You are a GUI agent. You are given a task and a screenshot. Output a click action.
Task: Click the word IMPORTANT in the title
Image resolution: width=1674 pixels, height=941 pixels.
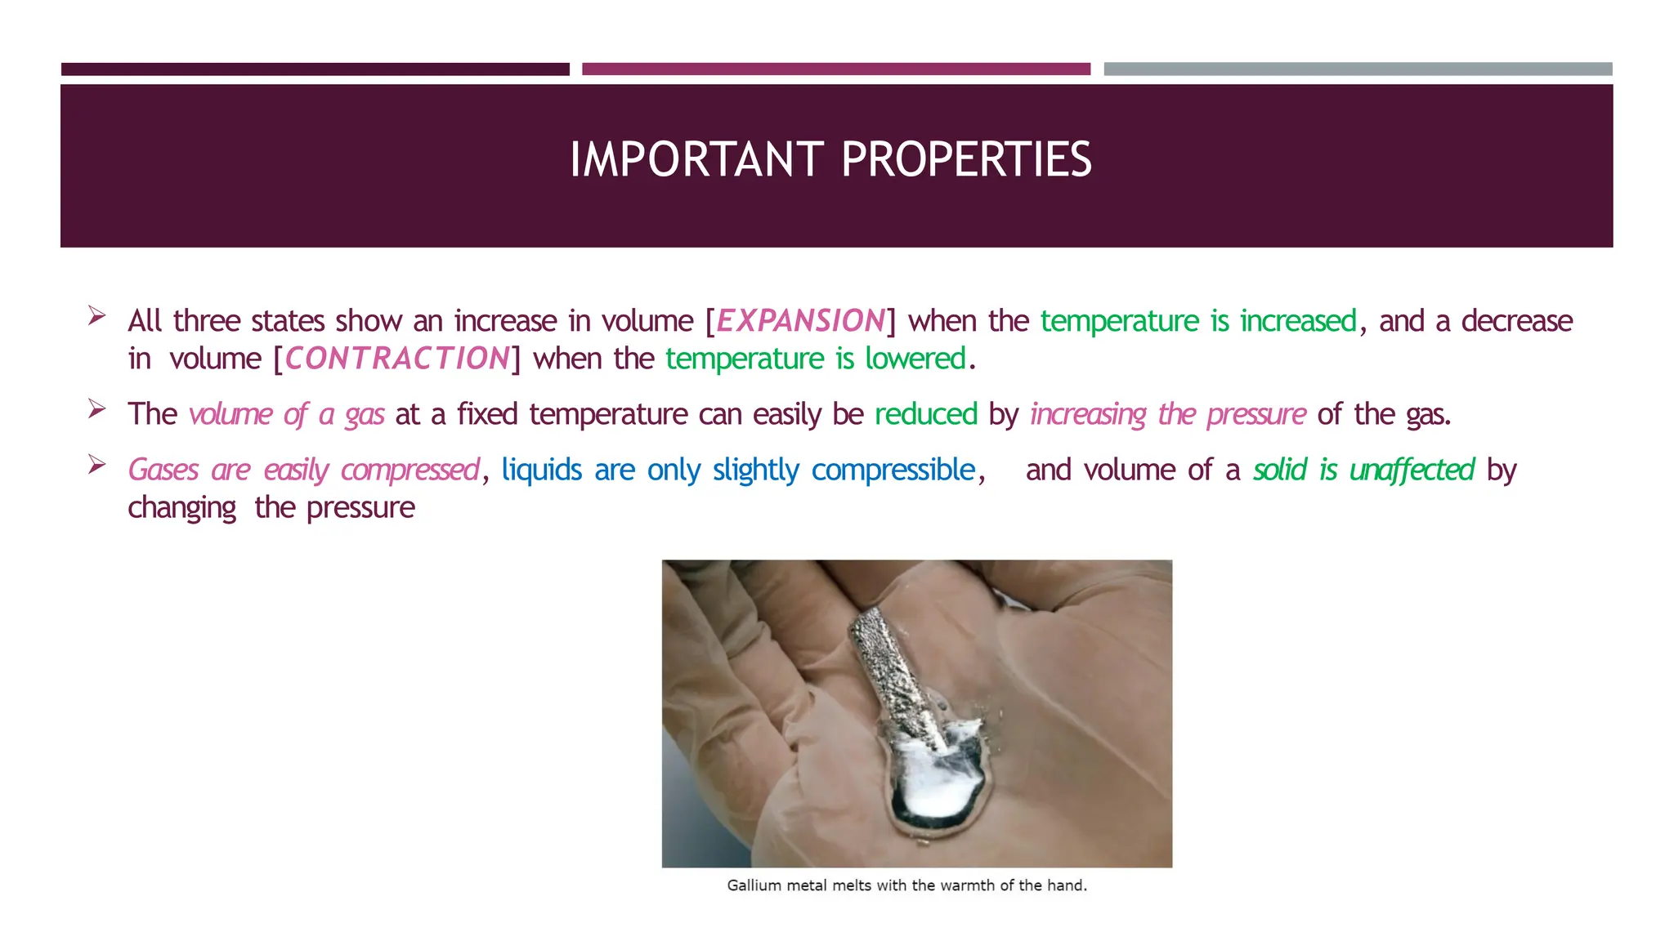697,159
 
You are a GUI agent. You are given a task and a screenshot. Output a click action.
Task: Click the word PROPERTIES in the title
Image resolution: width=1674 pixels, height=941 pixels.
966,159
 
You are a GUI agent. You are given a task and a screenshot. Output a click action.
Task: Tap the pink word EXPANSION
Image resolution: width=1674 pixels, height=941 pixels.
801,321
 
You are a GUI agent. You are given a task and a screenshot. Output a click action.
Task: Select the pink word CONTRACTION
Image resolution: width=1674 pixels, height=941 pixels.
397,359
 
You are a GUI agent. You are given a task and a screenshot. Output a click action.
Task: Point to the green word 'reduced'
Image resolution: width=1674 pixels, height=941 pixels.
926,414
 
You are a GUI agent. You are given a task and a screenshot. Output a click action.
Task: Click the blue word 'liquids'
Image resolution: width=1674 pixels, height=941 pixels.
542,470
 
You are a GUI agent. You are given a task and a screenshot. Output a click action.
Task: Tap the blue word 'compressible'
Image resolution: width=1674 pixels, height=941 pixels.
893,470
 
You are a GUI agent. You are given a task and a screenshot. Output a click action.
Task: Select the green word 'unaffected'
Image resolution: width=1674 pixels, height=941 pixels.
1412,470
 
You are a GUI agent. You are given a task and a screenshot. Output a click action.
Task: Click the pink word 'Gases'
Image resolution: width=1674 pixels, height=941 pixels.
163,470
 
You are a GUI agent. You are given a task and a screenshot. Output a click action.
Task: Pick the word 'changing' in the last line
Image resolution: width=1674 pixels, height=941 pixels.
182,508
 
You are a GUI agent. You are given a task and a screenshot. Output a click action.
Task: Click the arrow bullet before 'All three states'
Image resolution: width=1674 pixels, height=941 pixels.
97,315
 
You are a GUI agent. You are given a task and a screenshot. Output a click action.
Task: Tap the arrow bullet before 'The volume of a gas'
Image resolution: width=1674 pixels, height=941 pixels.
97,408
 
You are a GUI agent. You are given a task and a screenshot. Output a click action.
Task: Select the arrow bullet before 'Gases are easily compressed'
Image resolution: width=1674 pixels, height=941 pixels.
97,464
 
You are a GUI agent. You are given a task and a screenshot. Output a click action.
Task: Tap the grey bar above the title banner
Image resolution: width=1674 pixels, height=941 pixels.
1358,69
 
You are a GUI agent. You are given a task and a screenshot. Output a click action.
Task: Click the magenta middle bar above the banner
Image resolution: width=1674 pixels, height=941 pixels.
836,69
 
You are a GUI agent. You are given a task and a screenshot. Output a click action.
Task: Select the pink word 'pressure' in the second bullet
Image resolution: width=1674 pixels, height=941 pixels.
1256,415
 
